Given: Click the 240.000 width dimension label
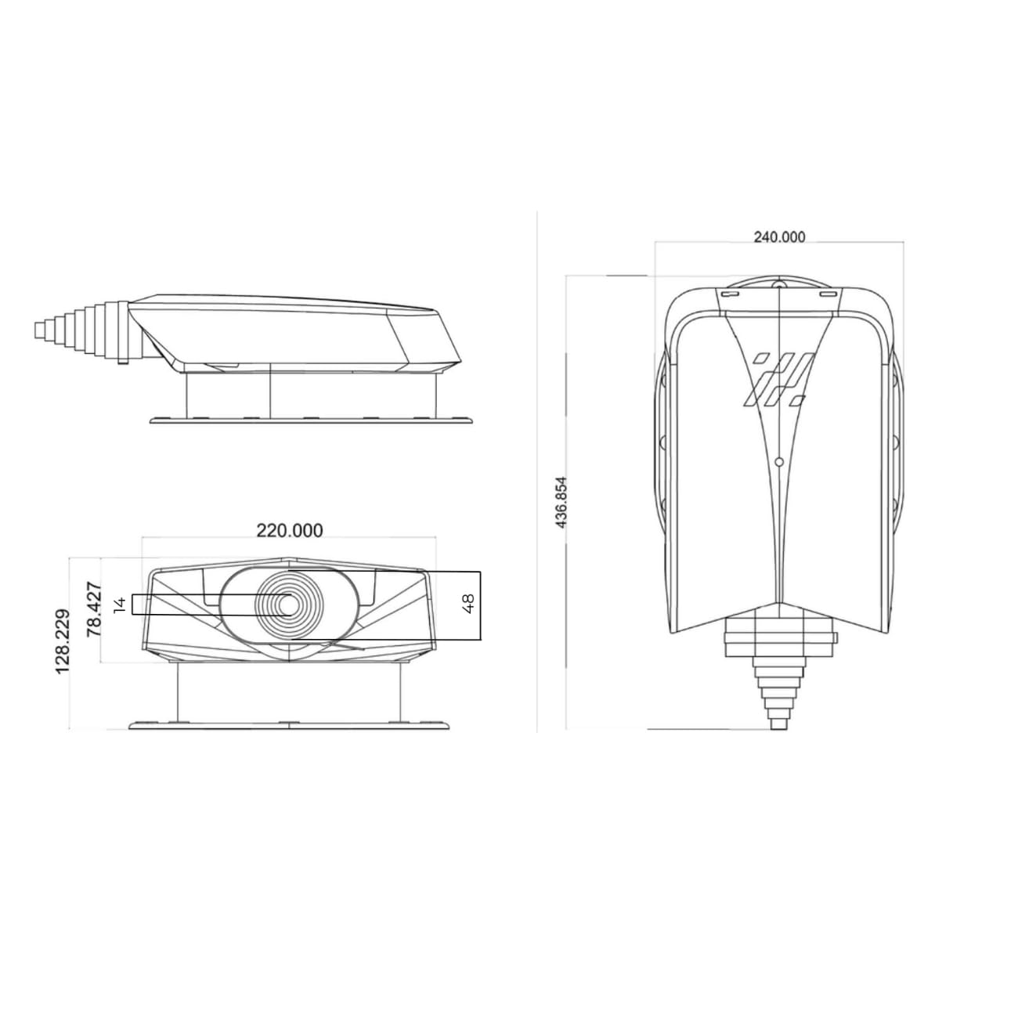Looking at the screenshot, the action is click(779, 237).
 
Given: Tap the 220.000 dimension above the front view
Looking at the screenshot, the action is click(290, 530).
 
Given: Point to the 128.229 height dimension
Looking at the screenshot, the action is click(63, 641).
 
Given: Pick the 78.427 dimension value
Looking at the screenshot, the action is click(94, 610).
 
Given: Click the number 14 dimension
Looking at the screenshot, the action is click(121, 605).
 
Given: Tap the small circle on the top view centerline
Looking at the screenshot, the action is click(778, 462).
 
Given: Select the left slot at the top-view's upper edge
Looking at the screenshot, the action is click(731, 293).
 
